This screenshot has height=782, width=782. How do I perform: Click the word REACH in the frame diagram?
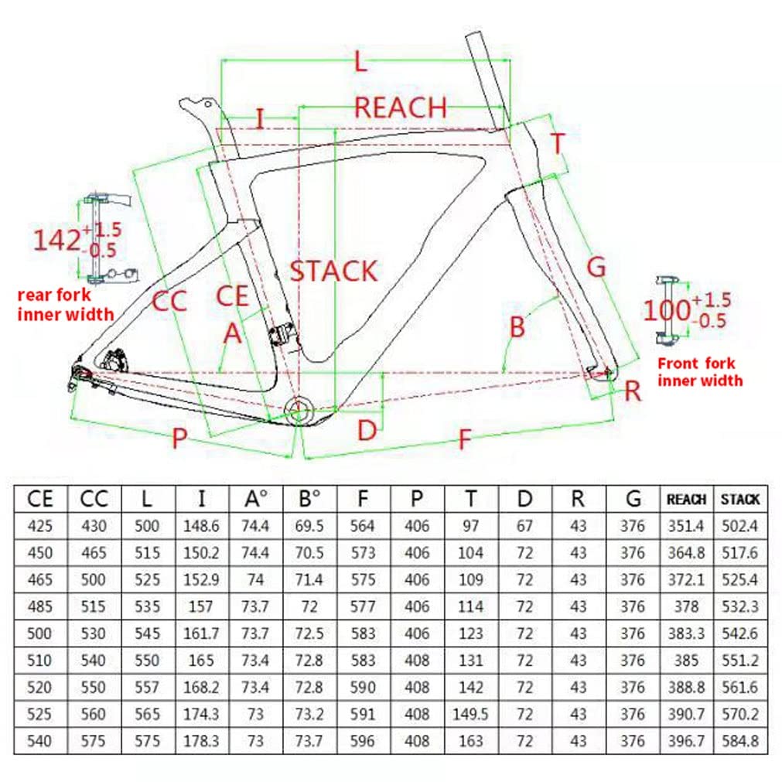click(400, 108)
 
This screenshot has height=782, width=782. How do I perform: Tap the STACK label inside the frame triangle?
click(333, 271)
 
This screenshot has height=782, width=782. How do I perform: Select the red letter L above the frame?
click(360, 62)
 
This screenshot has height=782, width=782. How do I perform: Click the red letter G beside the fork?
click(596, 267)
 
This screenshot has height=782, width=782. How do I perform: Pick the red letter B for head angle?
click(517, 326)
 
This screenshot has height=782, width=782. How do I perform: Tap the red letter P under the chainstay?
click(179, 439)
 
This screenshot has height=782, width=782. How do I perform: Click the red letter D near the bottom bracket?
click(367, 431)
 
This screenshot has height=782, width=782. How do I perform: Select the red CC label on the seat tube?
click(169, 301)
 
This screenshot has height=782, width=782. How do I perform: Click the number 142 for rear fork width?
click(56, 240)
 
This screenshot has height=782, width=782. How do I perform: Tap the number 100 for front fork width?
click(667, 311)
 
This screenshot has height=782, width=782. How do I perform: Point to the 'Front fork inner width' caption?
click(699, 372)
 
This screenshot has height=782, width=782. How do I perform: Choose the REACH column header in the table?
click(686, 500)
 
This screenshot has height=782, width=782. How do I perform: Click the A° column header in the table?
click(255, 500)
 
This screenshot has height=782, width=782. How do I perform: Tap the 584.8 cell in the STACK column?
click(740, 741)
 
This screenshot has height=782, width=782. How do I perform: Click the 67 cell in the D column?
click(525, 527)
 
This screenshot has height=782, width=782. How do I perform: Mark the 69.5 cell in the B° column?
click(309, 527)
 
